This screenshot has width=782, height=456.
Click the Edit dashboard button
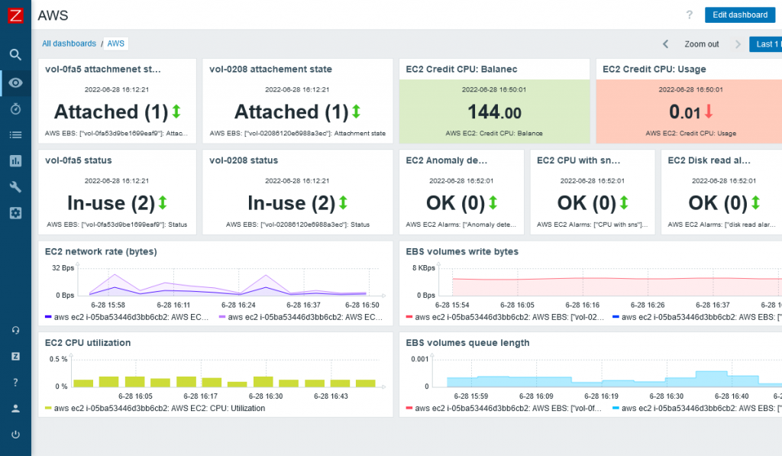(x=739, y=15)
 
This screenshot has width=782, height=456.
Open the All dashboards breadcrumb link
(x=69, y=44)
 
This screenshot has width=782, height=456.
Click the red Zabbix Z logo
(x=15, y=15)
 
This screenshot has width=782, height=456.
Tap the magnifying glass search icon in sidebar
(x=15, y=54)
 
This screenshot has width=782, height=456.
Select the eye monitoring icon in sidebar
(x=15, y=82)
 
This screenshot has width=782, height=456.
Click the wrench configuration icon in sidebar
(x=15, y=187)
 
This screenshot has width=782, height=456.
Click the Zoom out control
(x=701, y=44)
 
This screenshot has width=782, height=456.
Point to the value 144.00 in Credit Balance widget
(x=494, y=113)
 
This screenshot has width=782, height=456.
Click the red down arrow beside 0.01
(x=709, y=112)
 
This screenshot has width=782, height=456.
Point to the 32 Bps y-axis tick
(x=62, y=268)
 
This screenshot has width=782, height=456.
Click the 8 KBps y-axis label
(x=424, y=268)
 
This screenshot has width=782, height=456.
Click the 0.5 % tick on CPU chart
(x=58, y=359)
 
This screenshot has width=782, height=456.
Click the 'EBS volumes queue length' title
(x=467, y=343)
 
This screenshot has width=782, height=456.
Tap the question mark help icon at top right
(x=690, y=15)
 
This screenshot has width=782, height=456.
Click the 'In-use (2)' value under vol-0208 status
(x=291, y=203)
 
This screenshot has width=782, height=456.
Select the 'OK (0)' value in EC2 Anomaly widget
(x=455, y=203)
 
